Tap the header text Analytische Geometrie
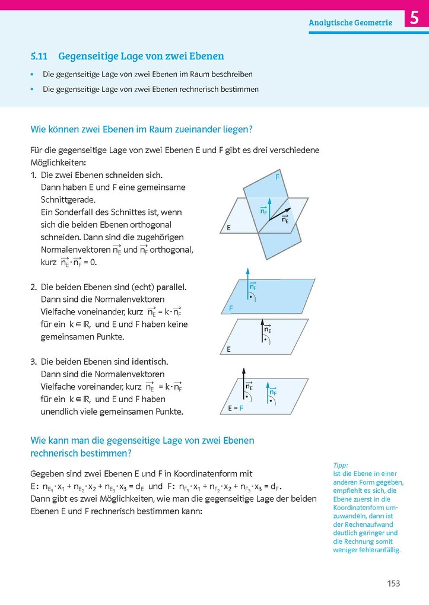click(350, 23)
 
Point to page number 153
click(393, 583)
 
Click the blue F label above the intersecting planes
click(277, 177)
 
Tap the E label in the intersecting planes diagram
click(228, 228)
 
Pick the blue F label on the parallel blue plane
click(231, 309)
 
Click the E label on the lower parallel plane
click(228, 349)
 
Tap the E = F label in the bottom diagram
click(236, 408)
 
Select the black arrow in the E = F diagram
click(243, 383)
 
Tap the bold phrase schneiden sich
click(134, 175)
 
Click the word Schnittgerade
click(68, 199)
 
